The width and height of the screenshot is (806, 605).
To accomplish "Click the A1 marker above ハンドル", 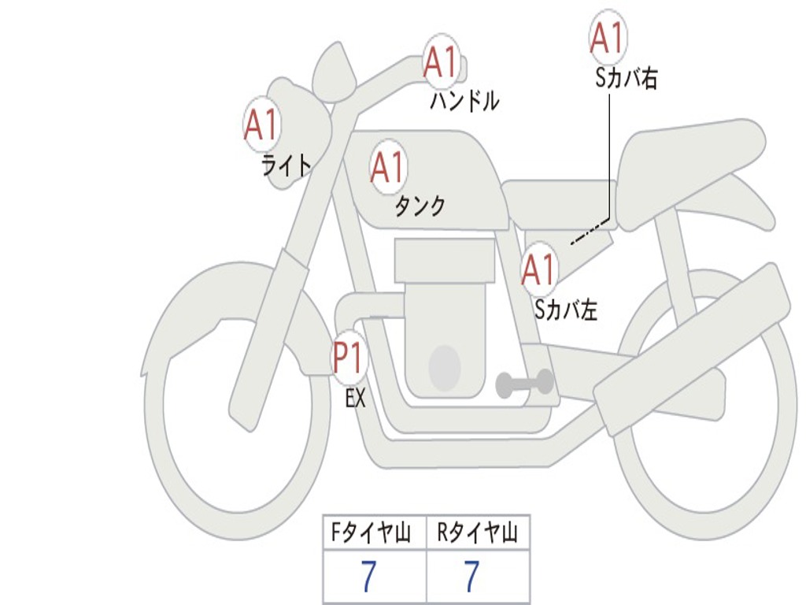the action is pyautogui.click(x=441, y=62).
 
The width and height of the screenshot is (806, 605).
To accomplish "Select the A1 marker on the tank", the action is pyautogui.click(x=388, y=167).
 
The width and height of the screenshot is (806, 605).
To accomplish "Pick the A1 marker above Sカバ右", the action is pyautogui.click(x=608, y=38).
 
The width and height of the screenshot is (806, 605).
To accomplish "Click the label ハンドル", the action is pyautogui.click(x=464, y=101).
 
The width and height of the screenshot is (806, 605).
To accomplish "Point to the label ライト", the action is pyautogui.click(x=287, y=165).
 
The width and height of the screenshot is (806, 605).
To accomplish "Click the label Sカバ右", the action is pyautogui.click(x=627, y=79).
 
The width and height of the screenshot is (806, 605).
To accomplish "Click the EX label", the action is pyautogui.click(x=356, y=399).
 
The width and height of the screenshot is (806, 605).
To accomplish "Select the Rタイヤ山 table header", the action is pyautogui.click(x=477, y=535).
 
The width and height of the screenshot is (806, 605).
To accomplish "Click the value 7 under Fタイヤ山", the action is pyautogui.click(x=368, y=577).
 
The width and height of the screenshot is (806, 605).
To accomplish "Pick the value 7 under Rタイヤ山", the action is pyautogui.click(x=471, y=577).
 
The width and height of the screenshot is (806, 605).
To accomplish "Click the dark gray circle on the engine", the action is pyautogui.click(x=444, y=367).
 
